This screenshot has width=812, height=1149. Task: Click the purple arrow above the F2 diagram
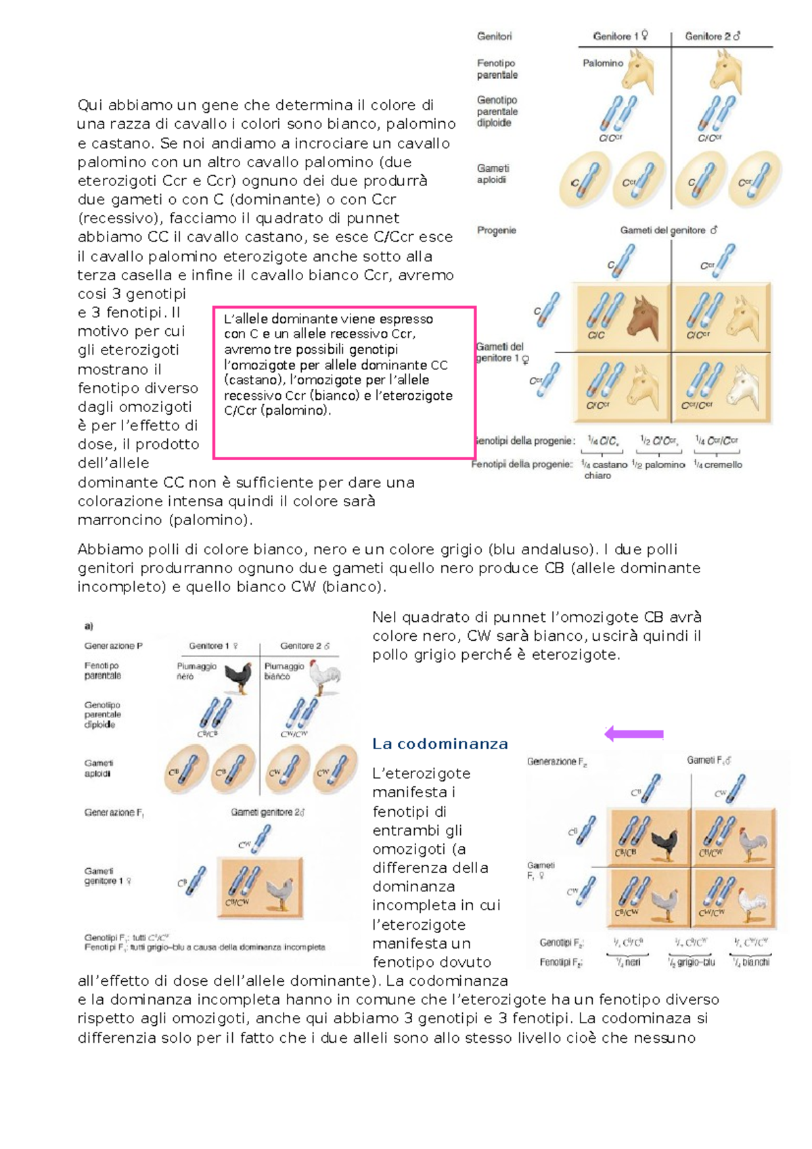point(633,734)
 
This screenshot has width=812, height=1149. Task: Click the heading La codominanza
point(440,744)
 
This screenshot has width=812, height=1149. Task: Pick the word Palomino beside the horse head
point(602,63)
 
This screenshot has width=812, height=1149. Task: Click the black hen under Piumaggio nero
point(238,677)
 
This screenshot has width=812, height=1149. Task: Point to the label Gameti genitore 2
point(267,812)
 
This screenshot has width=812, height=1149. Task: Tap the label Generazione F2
point(557,762)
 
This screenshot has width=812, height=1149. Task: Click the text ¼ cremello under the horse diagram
point(718,465)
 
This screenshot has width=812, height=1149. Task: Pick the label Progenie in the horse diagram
point(496,230)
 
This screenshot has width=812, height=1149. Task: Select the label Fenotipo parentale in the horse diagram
point(497,68)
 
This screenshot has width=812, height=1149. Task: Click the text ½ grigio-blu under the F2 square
point(691,962)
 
